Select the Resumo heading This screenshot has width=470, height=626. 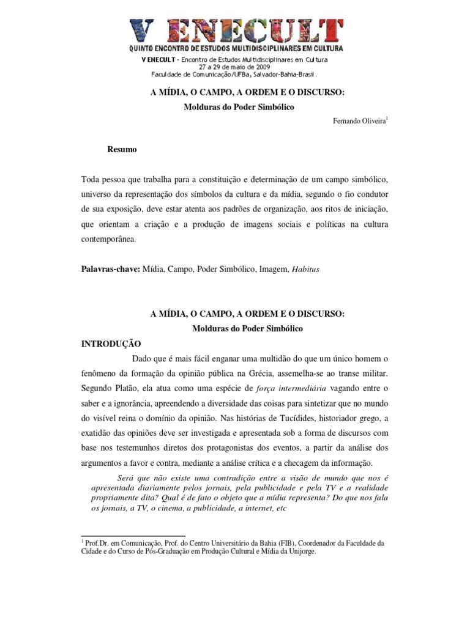coord(122,149)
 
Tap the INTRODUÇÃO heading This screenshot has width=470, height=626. coord(111,344)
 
